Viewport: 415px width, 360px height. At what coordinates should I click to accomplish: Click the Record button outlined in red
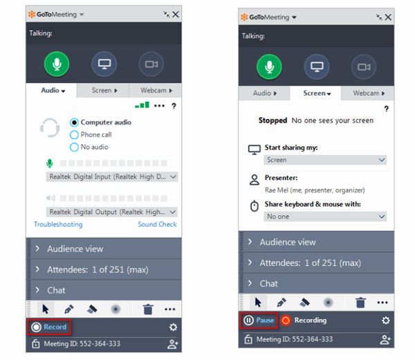49,327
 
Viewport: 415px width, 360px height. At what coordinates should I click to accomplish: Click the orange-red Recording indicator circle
286,321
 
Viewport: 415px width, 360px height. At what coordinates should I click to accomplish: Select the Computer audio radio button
74,123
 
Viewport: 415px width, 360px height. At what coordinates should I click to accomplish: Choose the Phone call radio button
74,135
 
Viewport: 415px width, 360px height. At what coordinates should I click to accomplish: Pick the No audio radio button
74,147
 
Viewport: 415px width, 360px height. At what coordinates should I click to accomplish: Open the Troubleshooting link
58,224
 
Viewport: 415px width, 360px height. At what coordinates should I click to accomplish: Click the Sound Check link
157,224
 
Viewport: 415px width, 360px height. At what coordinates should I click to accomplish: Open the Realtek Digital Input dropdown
112,177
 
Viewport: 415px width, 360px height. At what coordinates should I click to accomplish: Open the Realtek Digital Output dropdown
112,212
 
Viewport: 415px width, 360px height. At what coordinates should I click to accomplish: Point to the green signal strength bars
142,105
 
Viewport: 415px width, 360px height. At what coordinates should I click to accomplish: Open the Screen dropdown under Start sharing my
325,160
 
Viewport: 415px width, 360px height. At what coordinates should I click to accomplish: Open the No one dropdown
325,217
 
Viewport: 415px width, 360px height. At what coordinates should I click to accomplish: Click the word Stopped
273,120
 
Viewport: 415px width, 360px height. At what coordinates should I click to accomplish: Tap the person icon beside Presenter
255,180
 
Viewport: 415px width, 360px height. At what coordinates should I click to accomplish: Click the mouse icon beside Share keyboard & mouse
255,206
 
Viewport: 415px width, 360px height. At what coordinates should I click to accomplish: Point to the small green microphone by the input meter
50,163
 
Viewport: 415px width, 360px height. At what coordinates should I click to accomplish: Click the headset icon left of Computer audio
50,128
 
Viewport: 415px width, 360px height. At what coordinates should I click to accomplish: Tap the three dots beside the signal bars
159,106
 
